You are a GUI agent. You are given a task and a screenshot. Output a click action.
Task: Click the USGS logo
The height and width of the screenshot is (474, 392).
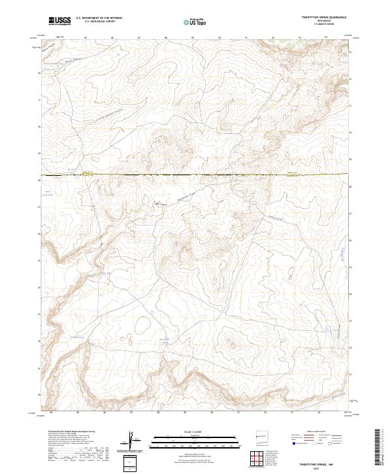pyautogui.click(x=59, y=21)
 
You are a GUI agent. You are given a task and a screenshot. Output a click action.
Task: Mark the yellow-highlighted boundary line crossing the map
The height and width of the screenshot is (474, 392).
pyautogui.click(x=196, y=175)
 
